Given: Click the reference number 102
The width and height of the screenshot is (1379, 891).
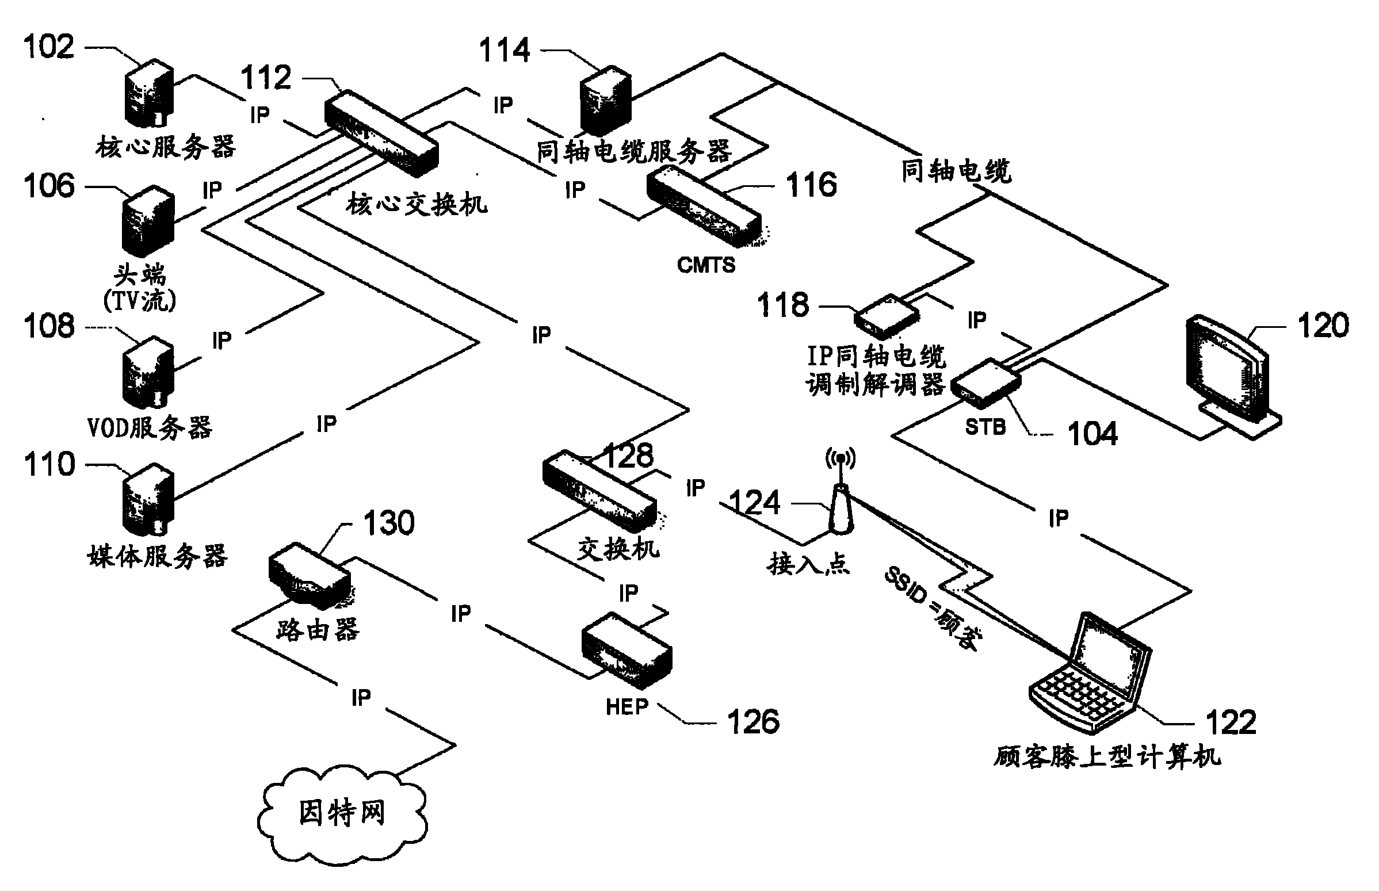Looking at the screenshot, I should coord(48,46).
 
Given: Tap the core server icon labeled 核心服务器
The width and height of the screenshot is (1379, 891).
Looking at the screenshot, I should coord(149,93).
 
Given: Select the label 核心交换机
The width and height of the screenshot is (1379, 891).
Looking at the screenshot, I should coord(417,204).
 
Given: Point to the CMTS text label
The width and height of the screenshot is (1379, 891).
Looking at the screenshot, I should coord(706,265).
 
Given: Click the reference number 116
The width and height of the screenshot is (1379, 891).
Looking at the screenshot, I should coord(811,185).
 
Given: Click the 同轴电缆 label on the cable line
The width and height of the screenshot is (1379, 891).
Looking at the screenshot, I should coord(956,171).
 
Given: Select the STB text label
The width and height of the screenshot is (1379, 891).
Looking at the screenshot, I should coord(985,427).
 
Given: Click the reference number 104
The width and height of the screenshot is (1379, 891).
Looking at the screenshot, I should coord(1092,434).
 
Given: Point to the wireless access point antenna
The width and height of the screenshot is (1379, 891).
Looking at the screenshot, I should coord(841,498).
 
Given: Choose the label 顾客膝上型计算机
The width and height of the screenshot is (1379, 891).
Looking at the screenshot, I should coord(1106,757).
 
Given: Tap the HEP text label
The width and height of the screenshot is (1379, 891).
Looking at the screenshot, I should coord(627,706).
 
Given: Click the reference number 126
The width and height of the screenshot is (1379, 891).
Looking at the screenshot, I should coord(753,722).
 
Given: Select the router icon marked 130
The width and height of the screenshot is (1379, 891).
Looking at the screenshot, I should coord(310,576).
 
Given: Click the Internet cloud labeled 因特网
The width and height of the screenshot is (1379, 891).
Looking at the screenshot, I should coord(341,813).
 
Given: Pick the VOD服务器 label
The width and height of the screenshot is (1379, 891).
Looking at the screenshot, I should coord(150,428).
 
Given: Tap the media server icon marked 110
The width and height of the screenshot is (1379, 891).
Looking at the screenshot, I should coord(147,499).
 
